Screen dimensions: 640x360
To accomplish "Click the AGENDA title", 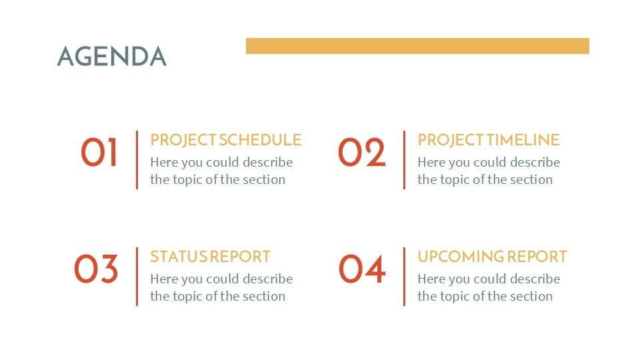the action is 112,56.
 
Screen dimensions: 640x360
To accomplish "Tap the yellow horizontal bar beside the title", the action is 417,46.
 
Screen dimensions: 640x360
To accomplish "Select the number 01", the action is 99,152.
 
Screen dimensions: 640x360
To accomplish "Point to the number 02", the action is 361,152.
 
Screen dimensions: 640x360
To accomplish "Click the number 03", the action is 96,269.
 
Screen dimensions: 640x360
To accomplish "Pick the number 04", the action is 362,269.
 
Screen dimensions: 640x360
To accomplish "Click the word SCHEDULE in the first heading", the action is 261,140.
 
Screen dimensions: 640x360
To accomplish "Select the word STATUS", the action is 179,257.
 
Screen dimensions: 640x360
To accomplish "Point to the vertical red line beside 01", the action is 137,160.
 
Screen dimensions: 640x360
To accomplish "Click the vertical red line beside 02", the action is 404,160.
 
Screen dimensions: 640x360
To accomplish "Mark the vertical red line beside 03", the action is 137,277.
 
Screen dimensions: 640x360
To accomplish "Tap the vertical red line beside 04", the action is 404,277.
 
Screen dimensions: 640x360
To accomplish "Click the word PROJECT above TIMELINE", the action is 451,140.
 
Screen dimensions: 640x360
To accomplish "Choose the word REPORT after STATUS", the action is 240,257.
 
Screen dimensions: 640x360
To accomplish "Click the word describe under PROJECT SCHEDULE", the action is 268,162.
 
